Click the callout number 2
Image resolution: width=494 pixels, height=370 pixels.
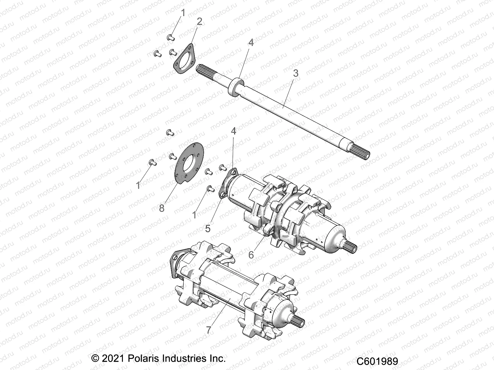199,22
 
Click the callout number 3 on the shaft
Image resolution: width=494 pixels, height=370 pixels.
295,73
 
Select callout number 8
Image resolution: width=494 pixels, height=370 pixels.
162,208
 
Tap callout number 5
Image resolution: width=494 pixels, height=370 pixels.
207,228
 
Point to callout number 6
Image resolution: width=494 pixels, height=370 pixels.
251,255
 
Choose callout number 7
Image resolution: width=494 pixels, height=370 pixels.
209,330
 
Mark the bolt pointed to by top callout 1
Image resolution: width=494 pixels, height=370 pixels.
170,38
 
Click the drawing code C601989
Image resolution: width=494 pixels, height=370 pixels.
377,361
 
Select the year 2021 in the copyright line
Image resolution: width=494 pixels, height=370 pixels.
113,359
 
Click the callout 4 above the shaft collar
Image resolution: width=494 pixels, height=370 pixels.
251,43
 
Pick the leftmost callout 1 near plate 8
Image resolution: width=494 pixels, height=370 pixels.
138,185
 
